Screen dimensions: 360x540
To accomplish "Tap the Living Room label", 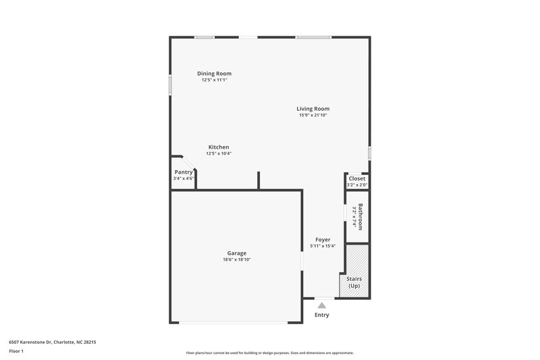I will tap(313, 109).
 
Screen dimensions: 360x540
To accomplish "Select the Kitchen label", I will tap(219, 147).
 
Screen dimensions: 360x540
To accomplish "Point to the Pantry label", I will tap(184, 172).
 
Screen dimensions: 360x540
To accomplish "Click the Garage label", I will tap(236, 253).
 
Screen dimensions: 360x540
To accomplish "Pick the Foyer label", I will tap(323, 240).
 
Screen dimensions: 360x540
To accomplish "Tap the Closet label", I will tap(357, 179).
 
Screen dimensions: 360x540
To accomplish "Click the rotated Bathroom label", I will tap(361, 217).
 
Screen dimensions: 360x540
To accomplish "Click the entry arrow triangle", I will tap(322, 305).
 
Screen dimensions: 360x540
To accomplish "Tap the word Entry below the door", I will tap(322, 315).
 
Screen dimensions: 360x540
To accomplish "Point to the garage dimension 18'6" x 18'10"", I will tap(236, 260).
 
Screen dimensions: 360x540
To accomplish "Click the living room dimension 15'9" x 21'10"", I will tap(313, 115).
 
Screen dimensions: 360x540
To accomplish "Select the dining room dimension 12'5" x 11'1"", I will tap(214, 80).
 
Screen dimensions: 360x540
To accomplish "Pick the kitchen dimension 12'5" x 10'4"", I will tap(219, 154).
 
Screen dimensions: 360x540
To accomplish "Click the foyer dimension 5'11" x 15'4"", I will tap(323, 247).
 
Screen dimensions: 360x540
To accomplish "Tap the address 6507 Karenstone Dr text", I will tap(52, 342).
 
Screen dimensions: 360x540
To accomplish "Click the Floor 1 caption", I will tap(16, 352).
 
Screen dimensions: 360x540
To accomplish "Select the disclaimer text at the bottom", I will tap(269, 353).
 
